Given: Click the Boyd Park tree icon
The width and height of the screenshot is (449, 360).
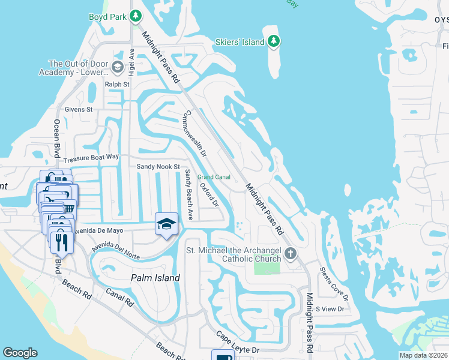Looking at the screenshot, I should click(136, 16).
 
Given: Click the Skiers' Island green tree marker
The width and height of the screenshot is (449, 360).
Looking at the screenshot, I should click(274, 41).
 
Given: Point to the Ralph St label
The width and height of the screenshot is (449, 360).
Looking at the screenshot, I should click(117, 85).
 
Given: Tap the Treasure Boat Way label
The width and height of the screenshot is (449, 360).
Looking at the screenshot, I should click(91, 157).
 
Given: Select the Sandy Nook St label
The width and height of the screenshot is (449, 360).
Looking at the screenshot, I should click(158, 166).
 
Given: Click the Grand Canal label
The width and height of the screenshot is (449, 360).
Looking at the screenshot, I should click(214, 177).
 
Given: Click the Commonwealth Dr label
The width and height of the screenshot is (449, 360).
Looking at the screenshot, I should click(196, 133).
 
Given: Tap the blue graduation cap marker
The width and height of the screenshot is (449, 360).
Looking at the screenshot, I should click(166, 224).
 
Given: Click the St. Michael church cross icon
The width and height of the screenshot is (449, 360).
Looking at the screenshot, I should click(290, 253).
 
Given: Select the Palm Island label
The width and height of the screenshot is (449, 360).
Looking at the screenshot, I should click(155, 278).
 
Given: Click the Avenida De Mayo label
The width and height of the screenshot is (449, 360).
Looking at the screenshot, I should click(98, 230).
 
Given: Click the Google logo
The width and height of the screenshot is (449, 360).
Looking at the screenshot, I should click(20, 353).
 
